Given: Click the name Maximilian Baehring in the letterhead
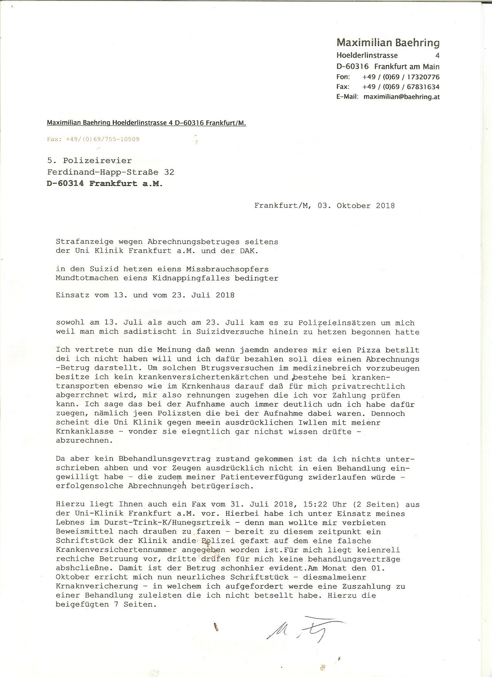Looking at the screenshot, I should pos(388,42).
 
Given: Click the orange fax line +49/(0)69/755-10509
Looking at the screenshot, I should pos(93,139).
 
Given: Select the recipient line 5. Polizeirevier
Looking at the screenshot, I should pos(89,160).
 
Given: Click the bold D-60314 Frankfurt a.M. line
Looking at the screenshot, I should pos(105,183).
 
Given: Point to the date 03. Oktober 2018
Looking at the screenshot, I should pos(356,205).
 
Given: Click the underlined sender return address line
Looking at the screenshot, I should pos(146,123).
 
